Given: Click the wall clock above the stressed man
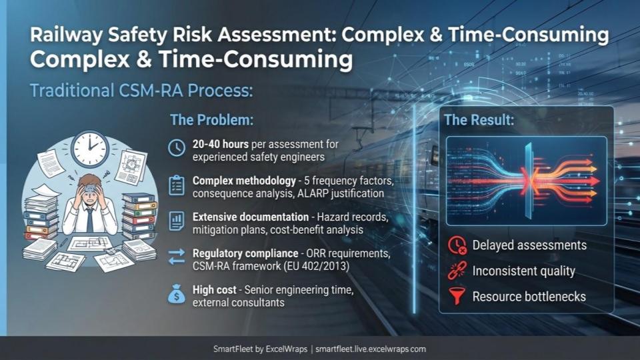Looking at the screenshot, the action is pos(90,149).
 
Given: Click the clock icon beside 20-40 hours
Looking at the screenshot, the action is pos(176,148).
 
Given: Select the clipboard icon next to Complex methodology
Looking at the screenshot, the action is pos(176,185).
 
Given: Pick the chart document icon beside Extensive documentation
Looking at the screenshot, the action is pos(176,221).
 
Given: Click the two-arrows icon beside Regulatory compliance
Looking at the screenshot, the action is pos(176,257).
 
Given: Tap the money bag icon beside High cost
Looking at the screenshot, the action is pos(176,294).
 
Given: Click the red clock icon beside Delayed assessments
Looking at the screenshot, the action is pos(457,245).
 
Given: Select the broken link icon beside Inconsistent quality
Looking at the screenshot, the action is pos(457,271).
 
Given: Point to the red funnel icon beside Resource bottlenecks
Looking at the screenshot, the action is pos(456,297).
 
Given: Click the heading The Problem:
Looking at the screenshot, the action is pos(211,120).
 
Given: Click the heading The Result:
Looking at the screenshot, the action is pos(479,120).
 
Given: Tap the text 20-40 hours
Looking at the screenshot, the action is pos(221,144).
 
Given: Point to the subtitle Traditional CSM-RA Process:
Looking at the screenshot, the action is pos(141,91).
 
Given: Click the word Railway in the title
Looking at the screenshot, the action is pos(67,35).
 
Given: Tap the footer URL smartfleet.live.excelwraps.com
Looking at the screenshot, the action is pos(371,349).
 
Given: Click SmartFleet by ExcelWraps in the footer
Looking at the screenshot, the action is pos(261,349).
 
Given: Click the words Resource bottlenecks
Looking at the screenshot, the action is pos(529,297).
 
